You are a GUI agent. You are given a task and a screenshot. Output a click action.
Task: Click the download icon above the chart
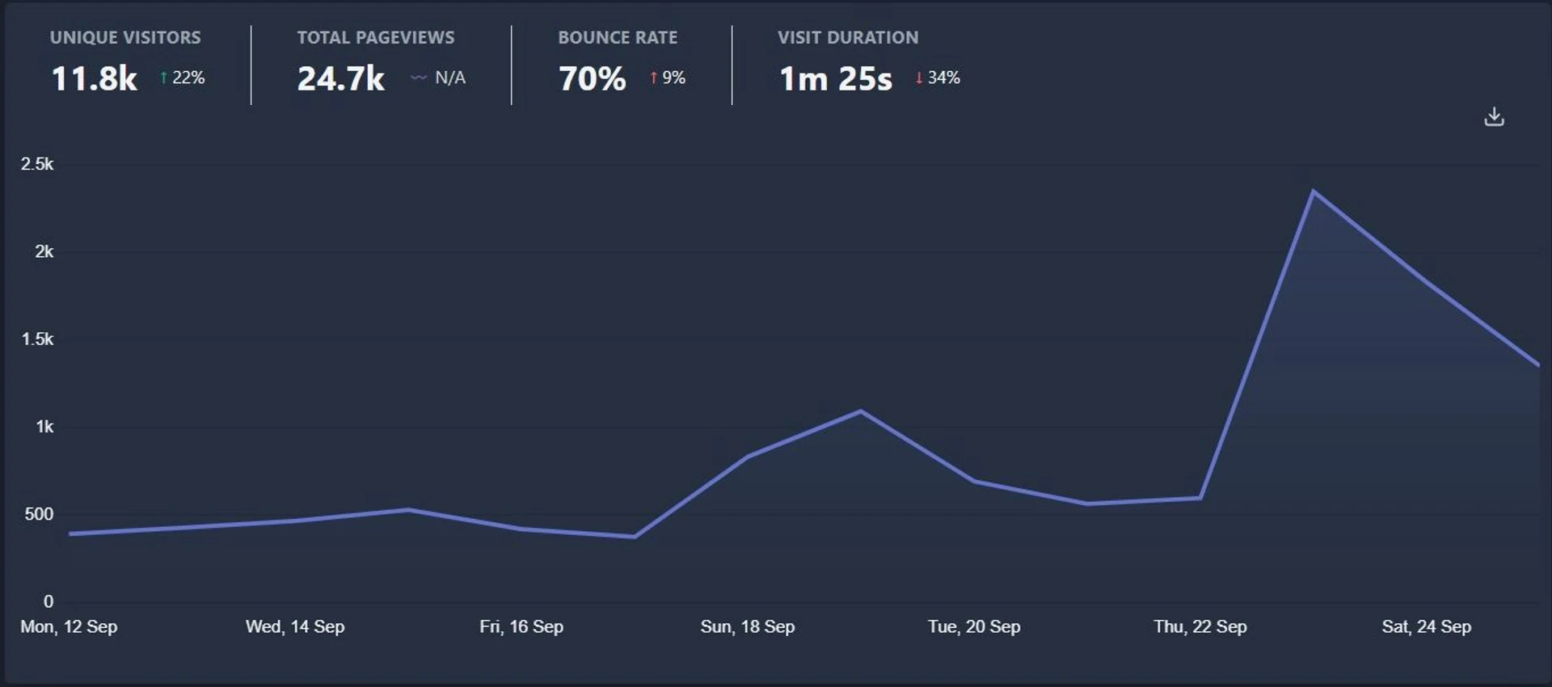pos(1494,117)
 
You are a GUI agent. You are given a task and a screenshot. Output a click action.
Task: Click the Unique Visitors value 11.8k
pos(94,78)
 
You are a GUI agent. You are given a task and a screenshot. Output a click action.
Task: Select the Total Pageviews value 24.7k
pos(340,78)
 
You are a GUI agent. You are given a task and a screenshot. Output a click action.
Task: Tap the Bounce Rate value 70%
pos(592,78)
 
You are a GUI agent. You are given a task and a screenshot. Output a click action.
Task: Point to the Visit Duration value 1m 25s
pos(835,78)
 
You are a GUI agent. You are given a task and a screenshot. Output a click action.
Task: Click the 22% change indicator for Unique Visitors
pos(183,78)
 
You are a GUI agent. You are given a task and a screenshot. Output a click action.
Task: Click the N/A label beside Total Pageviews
pos(449,78)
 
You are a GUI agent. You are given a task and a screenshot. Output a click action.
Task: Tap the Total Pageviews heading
pos(375,37)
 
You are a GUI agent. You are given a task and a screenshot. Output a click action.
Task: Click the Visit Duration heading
pos(847,37)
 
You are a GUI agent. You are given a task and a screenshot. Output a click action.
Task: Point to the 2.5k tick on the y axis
pos(37,164)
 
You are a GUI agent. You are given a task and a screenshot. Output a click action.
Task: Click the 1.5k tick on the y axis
pos(37,339)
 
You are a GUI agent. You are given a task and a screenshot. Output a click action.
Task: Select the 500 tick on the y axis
pos(39,514)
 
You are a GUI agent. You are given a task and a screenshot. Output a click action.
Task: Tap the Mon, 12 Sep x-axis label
pos(69,626)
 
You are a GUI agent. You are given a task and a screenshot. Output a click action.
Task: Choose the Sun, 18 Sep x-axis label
pos(747,626)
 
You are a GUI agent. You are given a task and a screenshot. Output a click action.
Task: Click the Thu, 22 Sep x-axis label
pos(1200,626)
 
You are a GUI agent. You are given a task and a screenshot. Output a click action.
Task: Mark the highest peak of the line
pos(1314,192)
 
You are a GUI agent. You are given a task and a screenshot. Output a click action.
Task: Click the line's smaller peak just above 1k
pos(861,411)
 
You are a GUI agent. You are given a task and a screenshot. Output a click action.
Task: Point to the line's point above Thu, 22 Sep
pos(1200,498)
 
